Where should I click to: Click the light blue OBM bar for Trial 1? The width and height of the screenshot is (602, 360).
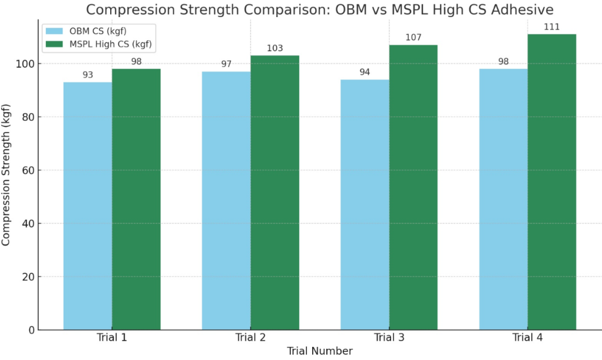(x=88, y=206)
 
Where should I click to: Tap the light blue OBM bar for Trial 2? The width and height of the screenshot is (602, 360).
(x=226, y=200)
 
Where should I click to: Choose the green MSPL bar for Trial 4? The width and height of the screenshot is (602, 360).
(x=552, y=182)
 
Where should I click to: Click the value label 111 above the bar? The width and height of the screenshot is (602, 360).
(x=552, y=27)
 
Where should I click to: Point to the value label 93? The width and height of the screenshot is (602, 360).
(x=88, y=75)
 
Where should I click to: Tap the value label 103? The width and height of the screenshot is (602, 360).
(x=275, y=48)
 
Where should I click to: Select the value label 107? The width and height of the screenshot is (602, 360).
(x=414, y=37)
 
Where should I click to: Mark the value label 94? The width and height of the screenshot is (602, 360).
(x=365, y=72)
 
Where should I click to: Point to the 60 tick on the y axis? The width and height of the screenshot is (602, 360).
(x=25, y=170)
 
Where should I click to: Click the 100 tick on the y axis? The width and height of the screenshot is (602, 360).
(x=23, y=64)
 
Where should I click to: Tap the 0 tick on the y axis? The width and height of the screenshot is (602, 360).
(x=29, y=330)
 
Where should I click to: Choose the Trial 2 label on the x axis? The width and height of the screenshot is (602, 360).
(x=250, y=338)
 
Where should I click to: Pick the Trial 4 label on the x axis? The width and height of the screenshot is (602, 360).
(x=528, y=338)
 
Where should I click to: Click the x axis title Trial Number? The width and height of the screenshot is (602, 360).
(x=320, y=351)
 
